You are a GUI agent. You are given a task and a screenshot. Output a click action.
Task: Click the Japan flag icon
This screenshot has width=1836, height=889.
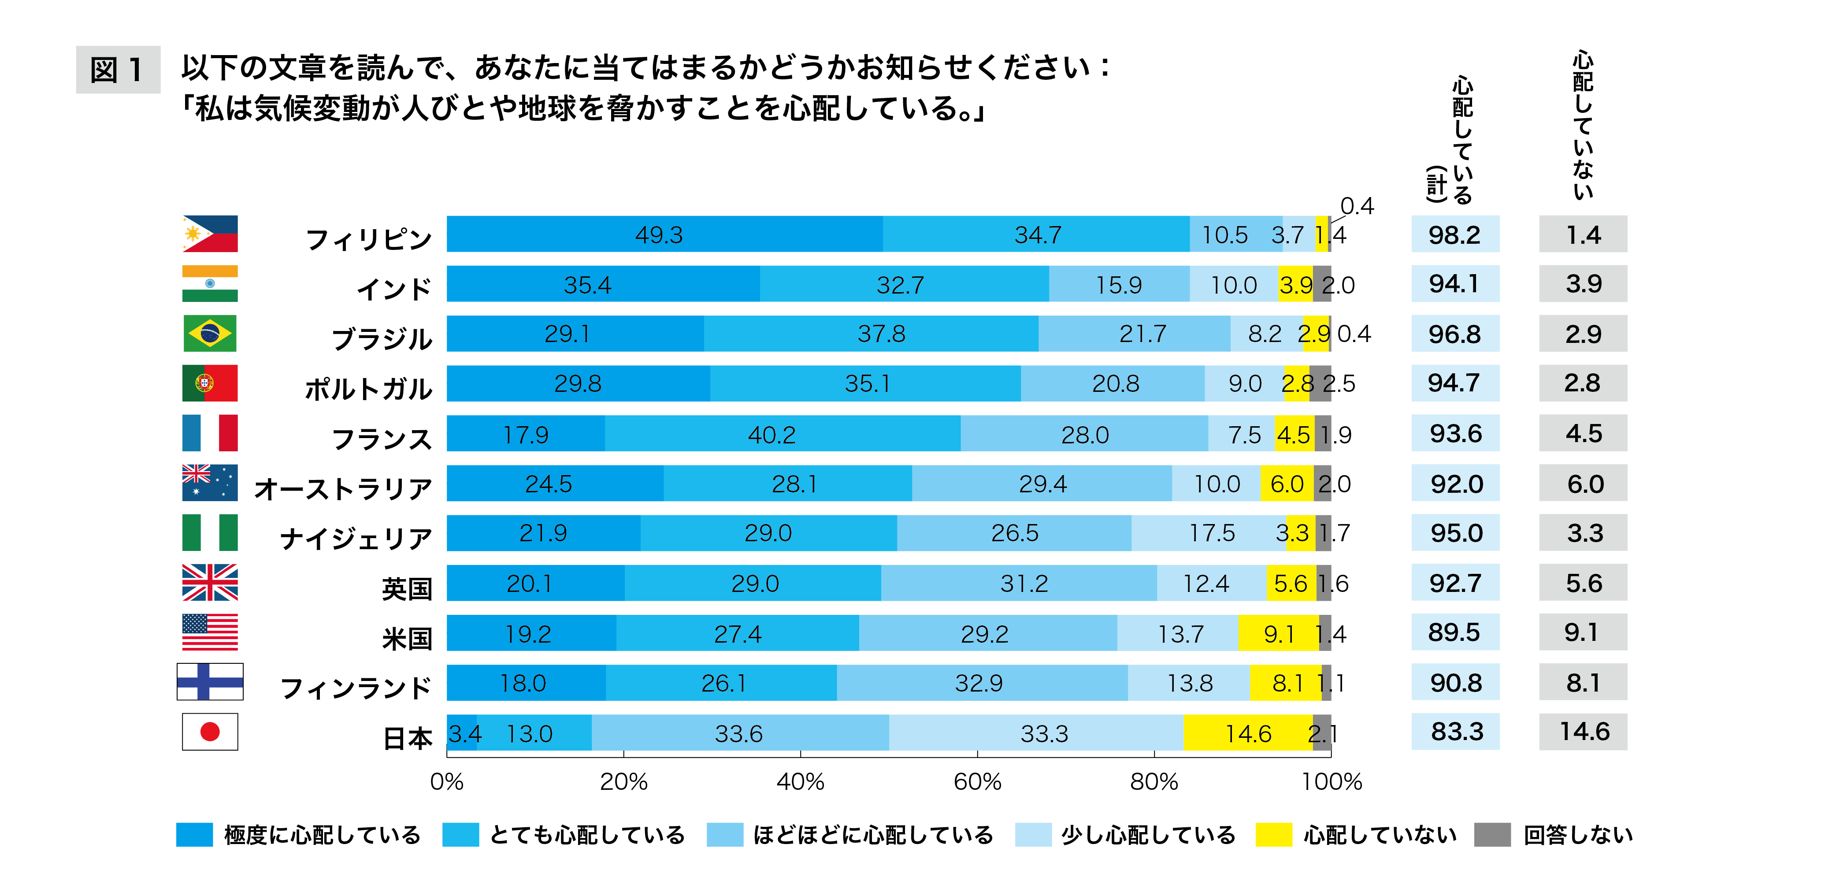(210, 732)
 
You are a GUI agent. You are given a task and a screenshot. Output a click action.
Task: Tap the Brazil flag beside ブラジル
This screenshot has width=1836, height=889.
(210, 334)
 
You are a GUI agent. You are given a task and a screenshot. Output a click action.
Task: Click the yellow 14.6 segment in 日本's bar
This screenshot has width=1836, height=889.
(1248, 733)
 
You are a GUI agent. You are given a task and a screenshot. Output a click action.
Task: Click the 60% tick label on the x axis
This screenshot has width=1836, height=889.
(977, 782)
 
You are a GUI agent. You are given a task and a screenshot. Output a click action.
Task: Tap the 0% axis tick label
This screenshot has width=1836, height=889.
(447, 782)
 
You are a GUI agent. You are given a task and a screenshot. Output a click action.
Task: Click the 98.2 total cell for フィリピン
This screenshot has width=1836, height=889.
(1455, 234)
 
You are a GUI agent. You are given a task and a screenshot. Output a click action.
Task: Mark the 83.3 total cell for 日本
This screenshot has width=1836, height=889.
(1455, 732)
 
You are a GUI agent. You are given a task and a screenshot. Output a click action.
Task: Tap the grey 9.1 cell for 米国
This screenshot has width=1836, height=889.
(1582, 632)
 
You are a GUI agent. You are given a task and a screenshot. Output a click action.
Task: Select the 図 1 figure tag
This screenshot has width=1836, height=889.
(118, 70)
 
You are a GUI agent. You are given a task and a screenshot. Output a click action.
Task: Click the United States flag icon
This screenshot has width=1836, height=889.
(210, 632)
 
